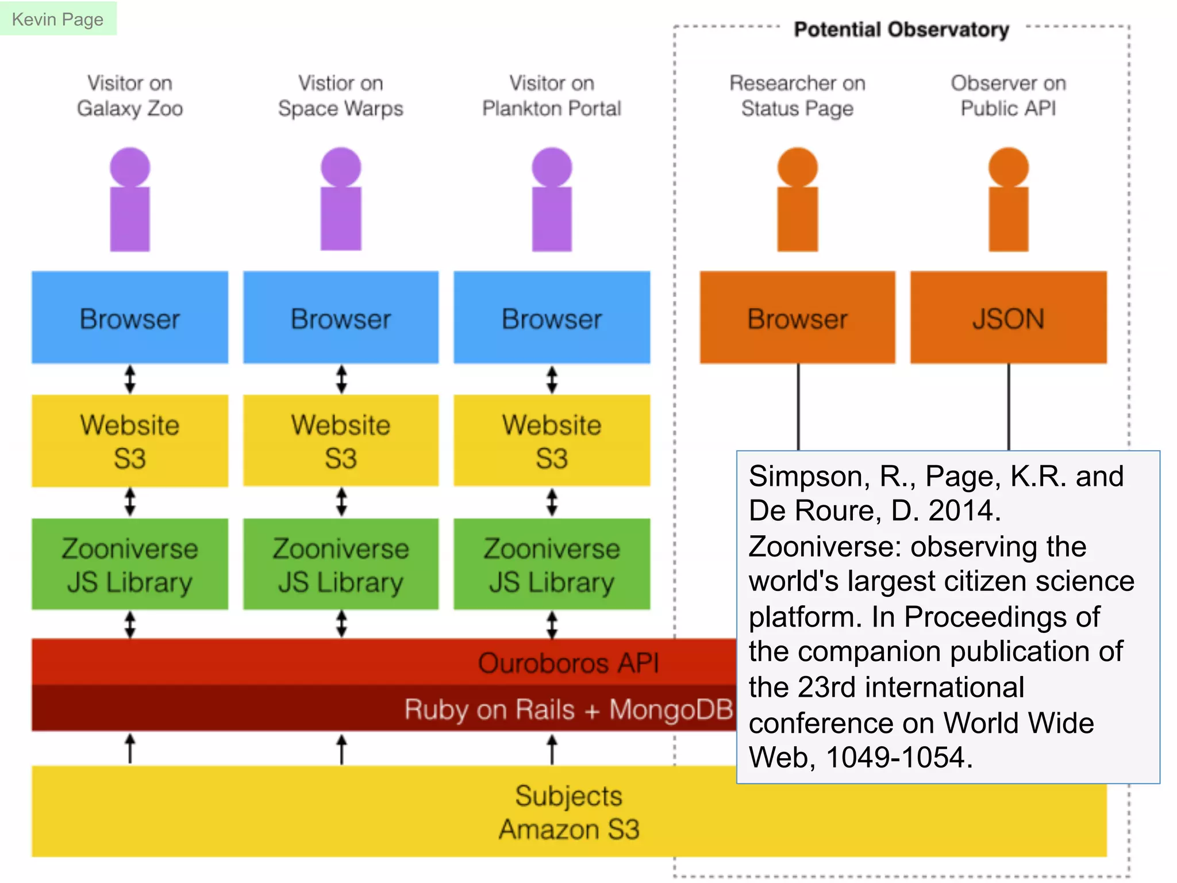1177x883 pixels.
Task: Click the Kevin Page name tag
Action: pyautogui.click(x=57, y=19)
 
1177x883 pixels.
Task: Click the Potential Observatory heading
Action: pyautogui.click(x=901, y=29)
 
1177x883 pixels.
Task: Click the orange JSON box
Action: pyautogui.click(x=1008, y=318)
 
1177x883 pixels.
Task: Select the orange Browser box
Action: pyautogui.click(x=797, y=318)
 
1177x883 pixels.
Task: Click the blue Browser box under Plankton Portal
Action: pyautogui.click(x=552, y=318)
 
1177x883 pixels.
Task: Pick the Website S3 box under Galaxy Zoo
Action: pyautogui.click(x=130, y=441)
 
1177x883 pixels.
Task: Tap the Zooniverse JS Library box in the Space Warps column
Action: pyautogui.click(x=341, y=565)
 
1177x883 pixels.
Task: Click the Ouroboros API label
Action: pyautogui.click(x=568, y=663)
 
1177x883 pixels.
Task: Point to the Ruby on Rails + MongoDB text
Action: pyautogui.click(x=568, y=709)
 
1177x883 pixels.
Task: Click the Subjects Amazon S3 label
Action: pyautogui.click(x=568, y=812)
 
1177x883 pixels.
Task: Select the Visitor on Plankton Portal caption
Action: pyautogui.click(x=552, y=95)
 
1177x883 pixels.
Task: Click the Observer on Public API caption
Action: pyautogui.click(x=1008, y=95)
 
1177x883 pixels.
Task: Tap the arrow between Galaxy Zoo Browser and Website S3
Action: pyautogui.click(x=130, y=379)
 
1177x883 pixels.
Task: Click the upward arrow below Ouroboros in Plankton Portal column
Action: pyautogui.click(x=552, y=749)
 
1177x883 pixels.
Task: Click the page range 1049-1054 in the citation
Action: pyautogui.click(x=898, y=757)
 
